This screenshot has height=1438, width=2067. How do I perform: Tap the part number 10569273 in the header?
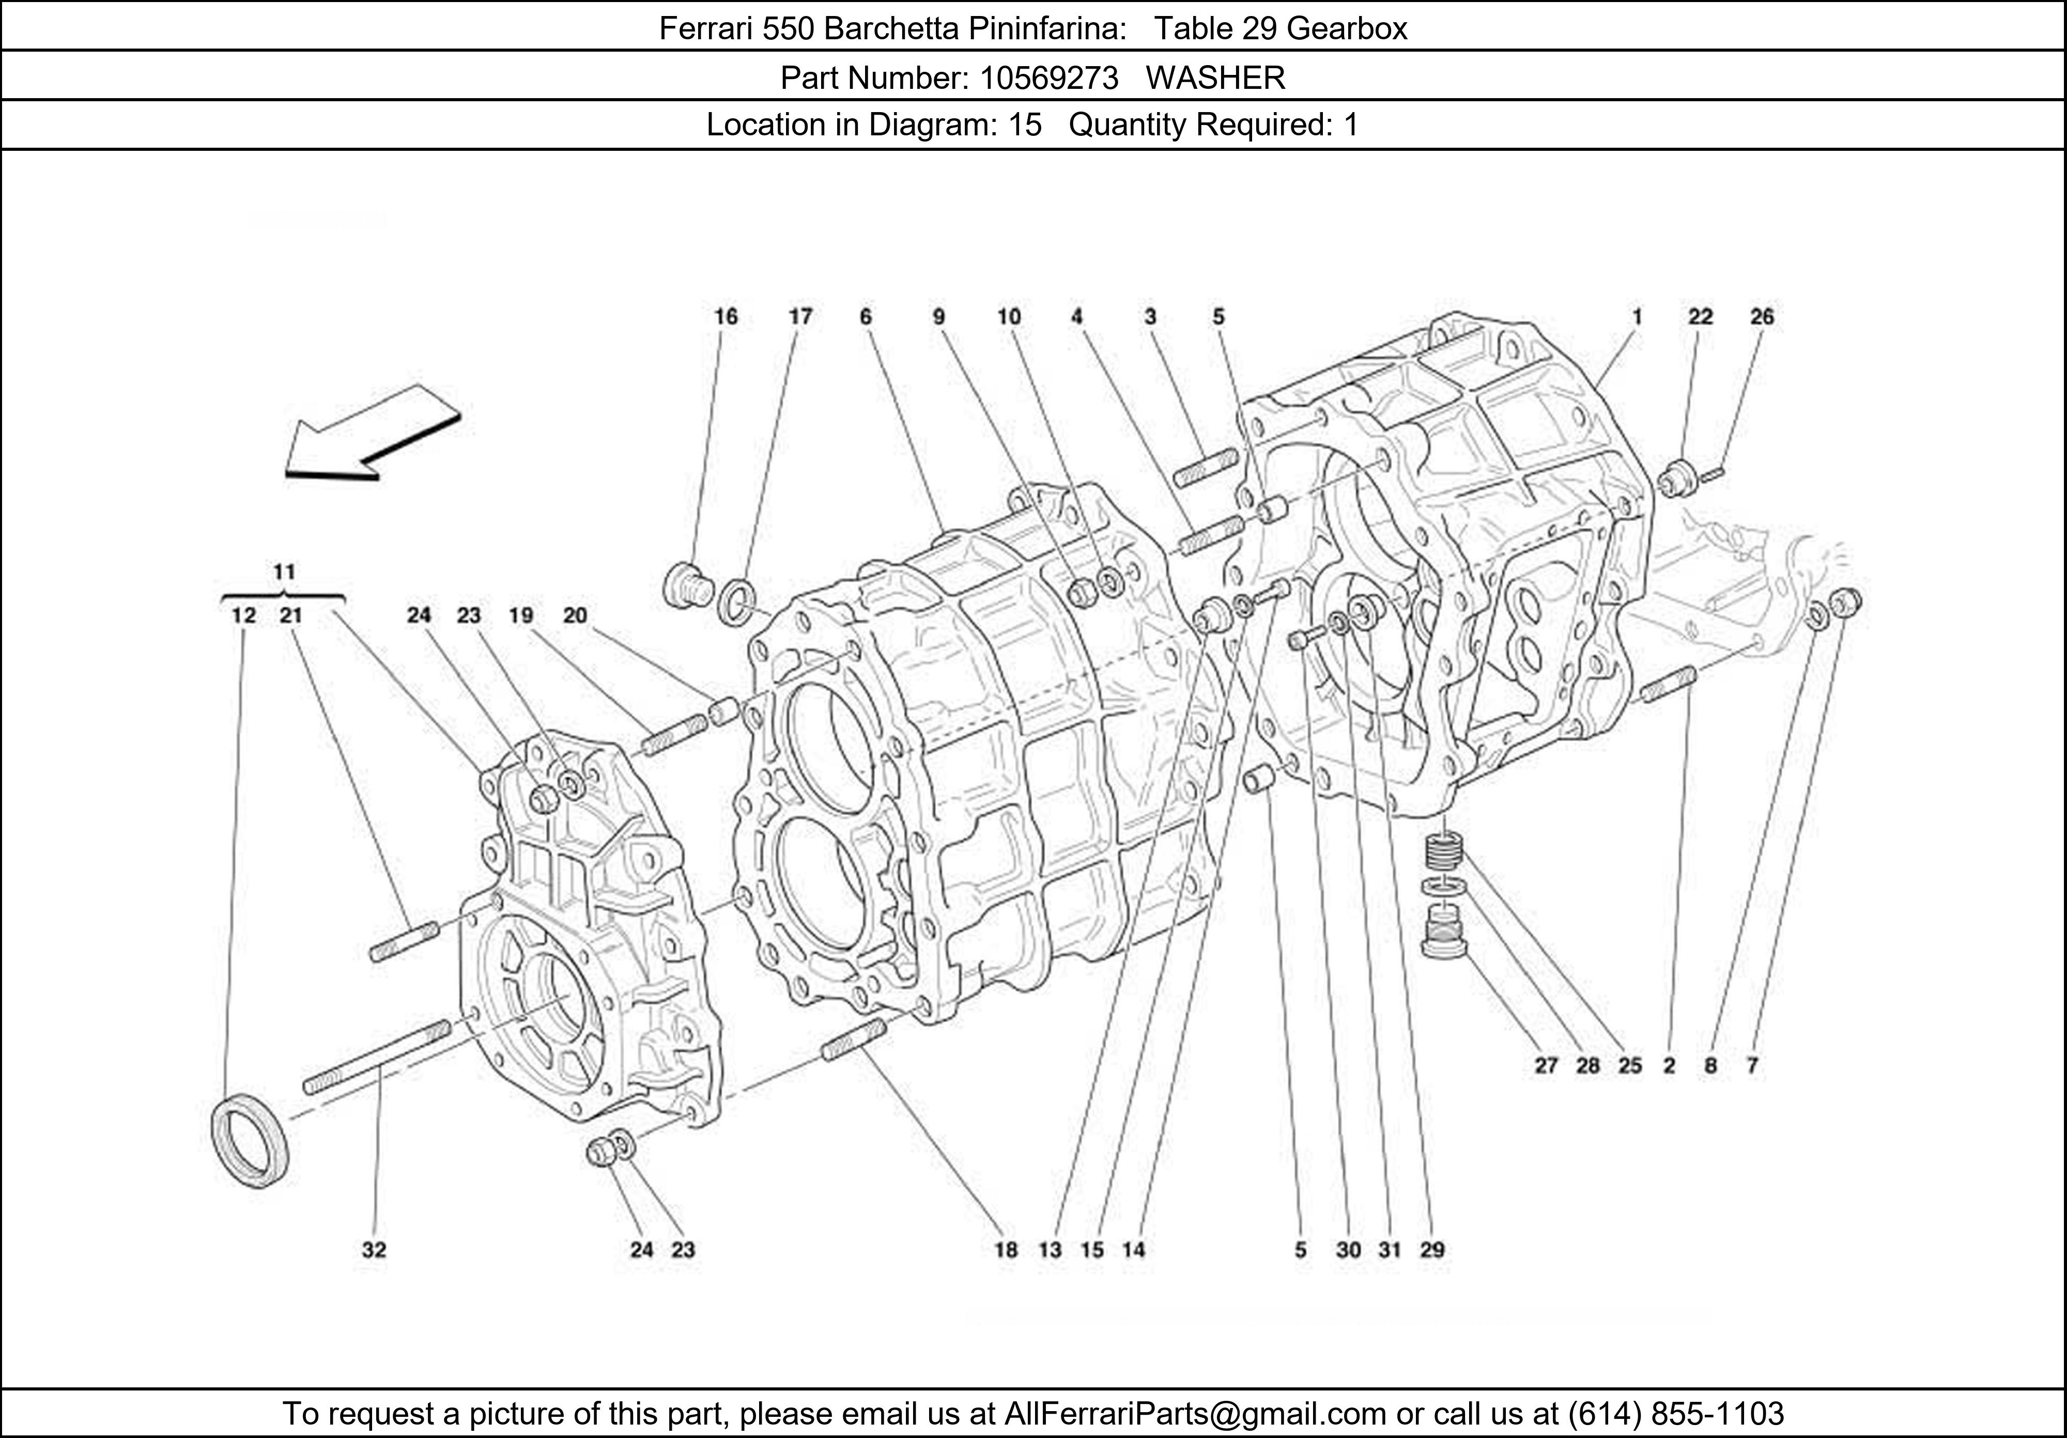tap(1049, 79)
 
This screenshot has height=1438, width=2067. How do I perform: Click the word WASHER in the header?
tap(1215, 79)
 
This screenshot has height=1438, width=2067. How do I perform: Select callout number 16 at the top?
tap(726, 317)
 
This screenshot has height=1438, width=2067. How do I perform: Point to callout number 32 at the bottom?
tap(375, 1250)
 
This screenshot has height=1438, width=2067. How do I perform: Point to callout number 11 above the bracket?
tap(284, 572)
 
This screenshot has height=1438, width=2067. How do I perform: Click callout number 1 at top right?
tap(1637, 317)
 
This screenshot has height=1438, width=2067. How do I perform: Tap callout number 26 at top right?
tap(1762, 317)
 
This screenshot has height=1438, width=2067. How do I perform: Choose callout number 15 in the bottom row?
tap(1092, 1250)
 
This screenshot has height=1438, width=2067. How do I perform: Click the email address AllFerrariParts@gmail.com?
tap(1195, 1414)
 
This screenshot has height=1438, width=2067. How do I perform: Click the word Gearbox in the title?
tap(1346, 29)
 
